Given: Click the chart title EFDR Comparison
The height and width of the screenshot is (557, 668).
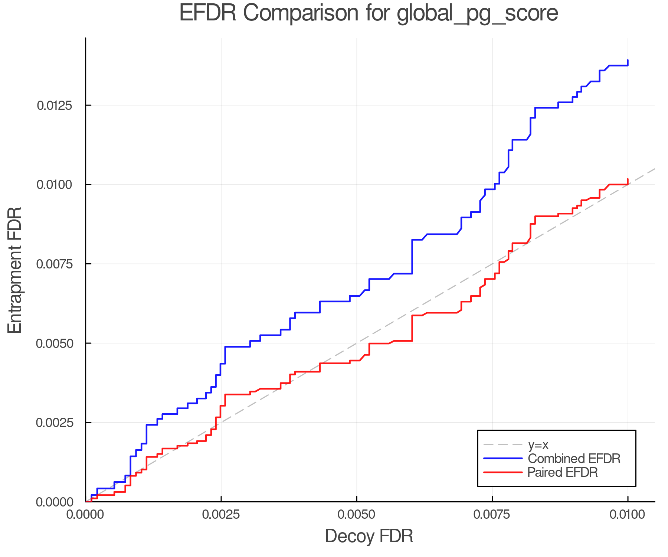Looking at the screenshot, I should pyautogui.click(x=369, y=13).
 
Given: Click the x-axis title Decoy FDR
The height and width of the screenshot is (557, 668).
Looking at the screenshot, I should pyautogui.click(x=369, y=536).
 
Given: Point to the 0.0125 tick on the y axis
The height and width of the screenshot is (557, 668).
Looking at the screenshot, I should pyautogui.click(x=55, y=105).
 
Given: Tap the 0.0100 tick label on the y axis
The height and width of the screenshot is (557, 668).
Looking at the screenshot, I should pyautogui.click(x=55, y=185).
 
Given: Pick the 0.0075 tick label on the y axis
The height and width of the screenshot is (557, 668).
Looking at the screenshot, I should pyautogui.click(x=55, y=264).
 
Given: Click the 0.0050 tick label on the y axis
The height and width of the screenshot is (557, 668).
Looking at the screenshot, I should pyautogui.click(x=55, y=343).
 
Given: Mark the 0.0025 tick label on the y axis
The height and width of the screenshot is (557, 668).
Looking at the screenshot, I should pyautogui.click(x=55, y=423).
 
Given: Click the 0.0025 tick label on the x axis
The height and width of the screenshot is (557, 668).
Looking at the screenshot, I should pyautogui.click(x=221, y=515).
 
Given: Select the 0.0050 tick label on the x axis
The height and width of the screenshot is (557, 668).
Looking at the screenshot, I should pyautogui.click(x=357, y=515).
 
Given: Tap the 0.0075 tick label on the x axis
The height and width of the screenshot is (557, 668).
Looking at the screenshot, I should pyautogui.click(x=492, y=515).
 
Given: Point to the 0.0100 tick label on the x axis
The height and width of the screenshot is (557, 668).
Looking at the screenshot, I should pyautogui.click(x=628, y=515).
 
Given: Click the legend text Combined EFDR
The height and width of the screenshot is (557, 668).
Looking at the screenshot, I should pyautogui.click(x=574, y=459).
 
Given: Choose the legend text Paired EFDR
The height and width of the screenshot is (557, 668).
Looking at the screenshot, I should pyautogui.click(x=563, y=472).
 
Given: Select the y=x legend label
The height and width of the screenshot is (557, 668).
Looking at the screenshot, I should pyautogui.click(x=538, y=444).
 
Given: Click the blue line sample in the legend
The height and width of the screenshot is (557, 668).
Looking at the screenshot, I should pyautogui.click(x=503, y=459).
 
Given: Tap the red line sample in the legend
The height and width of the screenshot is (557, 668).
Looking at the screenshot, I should pyautogui.click(x=503, y=472).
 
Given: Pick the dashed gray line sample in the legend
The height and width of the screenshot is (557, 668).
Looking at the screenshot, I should pyautogui.click(x=503, y=444).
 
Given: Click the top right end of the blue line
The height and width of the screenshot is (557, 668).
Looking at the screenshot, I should pyautogui.click(x=628, y=60).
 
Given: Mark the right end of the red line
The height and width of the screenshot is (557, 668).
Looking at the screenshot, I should pyautogui.click(x=628, y=179).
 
